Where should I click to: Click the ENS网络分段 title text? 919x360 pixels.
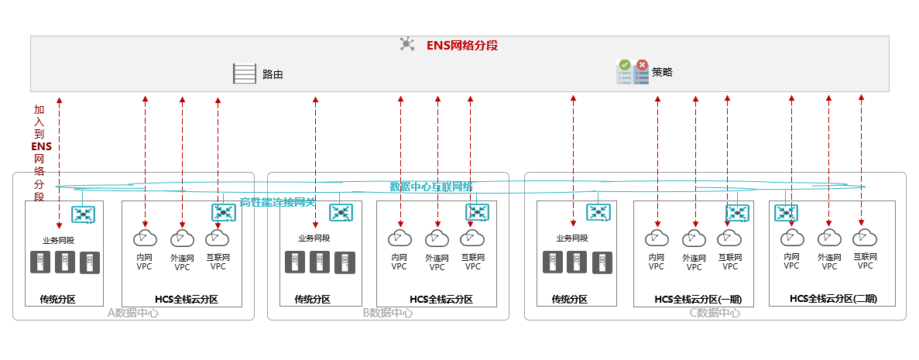[x=461, y=46]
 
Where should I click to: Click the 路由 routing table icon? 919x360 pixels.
[x=244, y=74]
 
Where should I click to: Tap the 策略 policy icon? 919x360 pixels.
[x=632, y=72]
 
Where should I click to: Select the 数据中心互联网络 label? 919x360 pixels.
[x=430, y=187]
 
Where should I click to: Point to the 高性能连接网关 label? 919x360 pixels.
[x=277, y=202]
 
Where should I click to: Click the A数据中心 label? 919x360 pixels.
[x=132, y=313]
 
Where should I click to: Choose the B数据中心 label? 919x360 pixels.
[x=387, y=313]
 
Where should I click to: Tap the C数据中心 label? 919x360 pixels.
[x=715, y=313]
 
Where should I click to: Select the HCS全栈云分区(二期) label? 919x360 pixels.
[x=833, y=298]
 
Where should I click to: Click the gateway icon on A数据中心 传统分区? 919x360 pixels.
[x=83, y=213]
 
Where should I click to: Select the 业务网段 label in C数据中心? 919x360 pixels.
[x=572, y=238]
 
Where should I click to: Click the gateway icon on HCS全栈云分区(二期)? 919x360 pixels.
[x=786, y=212]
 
